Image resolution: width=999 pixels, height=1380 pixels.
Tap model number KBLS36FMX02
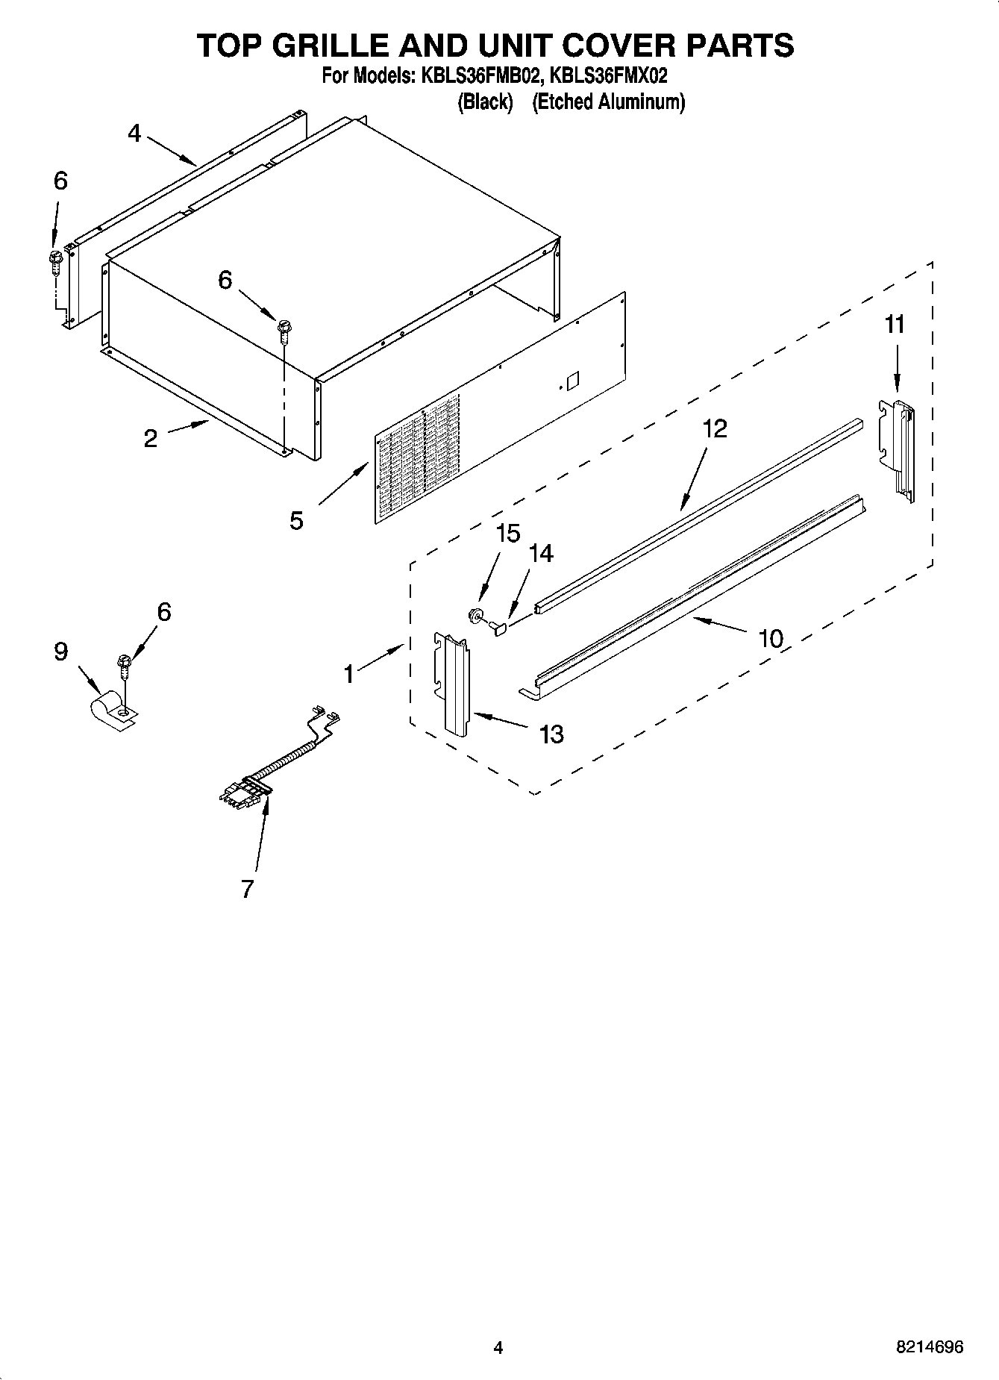(x=607, y=76)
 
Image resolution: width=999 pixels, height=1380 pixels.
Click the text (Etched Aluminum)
(x=608, y=102)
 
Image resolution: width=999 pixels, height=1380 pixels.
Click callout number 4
(x=134, y=134)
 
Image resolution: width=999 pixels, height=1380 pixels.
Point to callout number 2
(x=151, y=439)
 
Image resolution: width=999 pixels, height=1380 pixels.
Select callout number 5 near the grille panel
(x=297, y=520)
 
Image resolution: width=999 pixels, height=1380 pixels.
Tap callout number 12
(x=714, y=428)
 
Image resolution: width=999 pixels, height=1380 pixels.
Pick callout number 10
(x=771, y=638)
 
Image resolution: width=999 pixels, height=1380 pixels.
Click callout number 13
(x=551, y=734)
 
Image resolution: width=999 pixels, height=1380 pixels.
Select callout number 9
(x=60, y=652)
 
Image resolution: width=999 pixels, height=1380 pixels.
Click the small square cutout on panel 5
(x=572, y=381)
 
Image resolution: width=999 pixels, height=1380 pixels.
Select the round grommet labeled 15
(x=474, y=616)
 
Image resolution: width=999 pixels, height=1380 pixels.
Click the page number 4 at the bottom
(x=498, y=1347)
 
